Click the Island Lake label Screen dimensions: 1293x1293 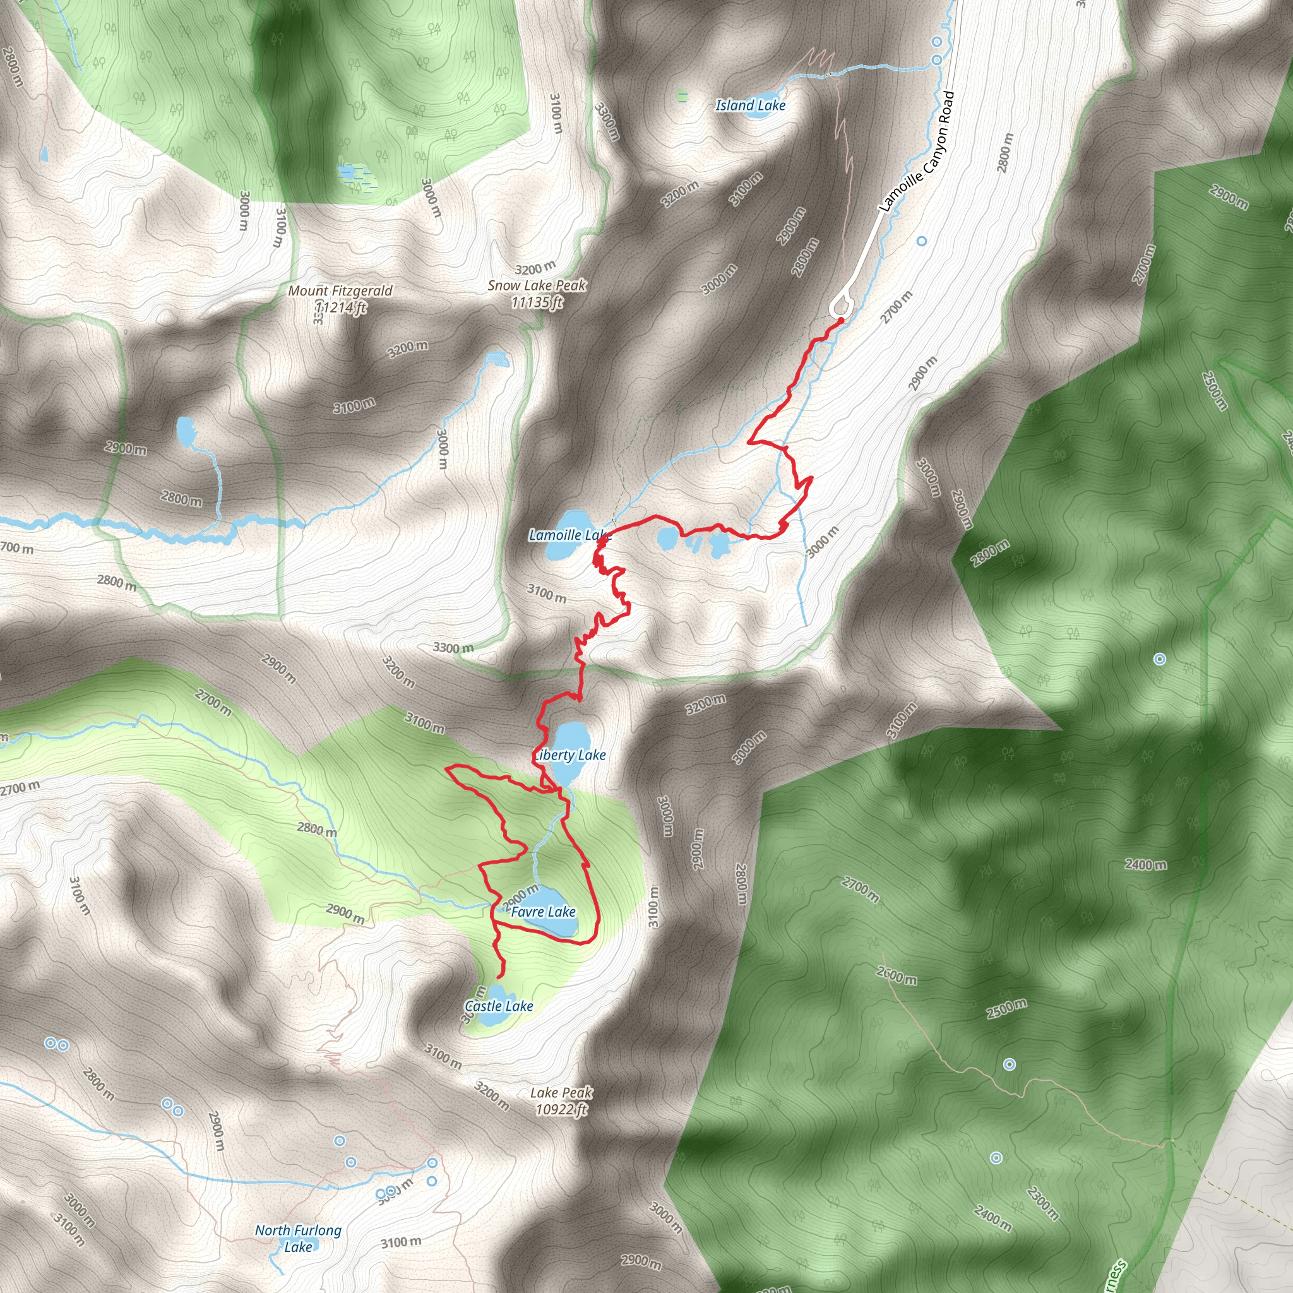pyautogui.click(x=750, y=105)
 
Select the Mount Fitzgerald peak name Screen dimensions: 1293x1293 pyautogui.click(x=340, y=290)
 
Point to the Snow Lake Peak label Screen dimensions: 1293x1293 pyautogui.click(x=537, y=285)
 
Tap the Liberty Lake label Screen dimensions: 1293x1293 pyautogui.click(x=571, y=755)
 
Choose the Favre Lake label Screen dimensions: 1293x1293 pyautogui.click(x=543, y=912)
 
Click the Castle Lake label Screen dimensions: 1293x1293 pyautogui.click(x=499, y=1006)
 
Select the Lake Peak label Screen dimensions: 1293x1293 pyautogui.click(x=561, y=1093)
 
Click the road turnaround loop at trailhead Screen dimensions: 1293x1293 pyautogui.click(x=842, y=304)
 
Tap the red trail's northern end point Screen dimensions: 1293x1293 pyautogui.click(x=840, y=321)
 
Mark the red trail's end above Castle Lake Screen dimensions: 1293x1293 pyautogui.click(x=500, y=978)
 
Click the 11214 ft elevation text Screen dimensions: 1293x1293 pyautogui.click(x=342, y=308)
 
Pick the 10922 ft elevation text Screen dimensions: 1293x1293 pyautogui.click(x=561, y=1110)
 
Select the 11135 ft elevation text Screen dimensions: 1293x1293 pyautogui.click(x=537, y=302)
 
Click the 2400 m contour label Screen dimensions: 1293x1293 pyautogui.click(x=1146, y=864)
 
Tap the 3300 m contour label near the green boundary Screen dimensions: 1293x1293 pyautogui.click(x=453, y=648)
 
